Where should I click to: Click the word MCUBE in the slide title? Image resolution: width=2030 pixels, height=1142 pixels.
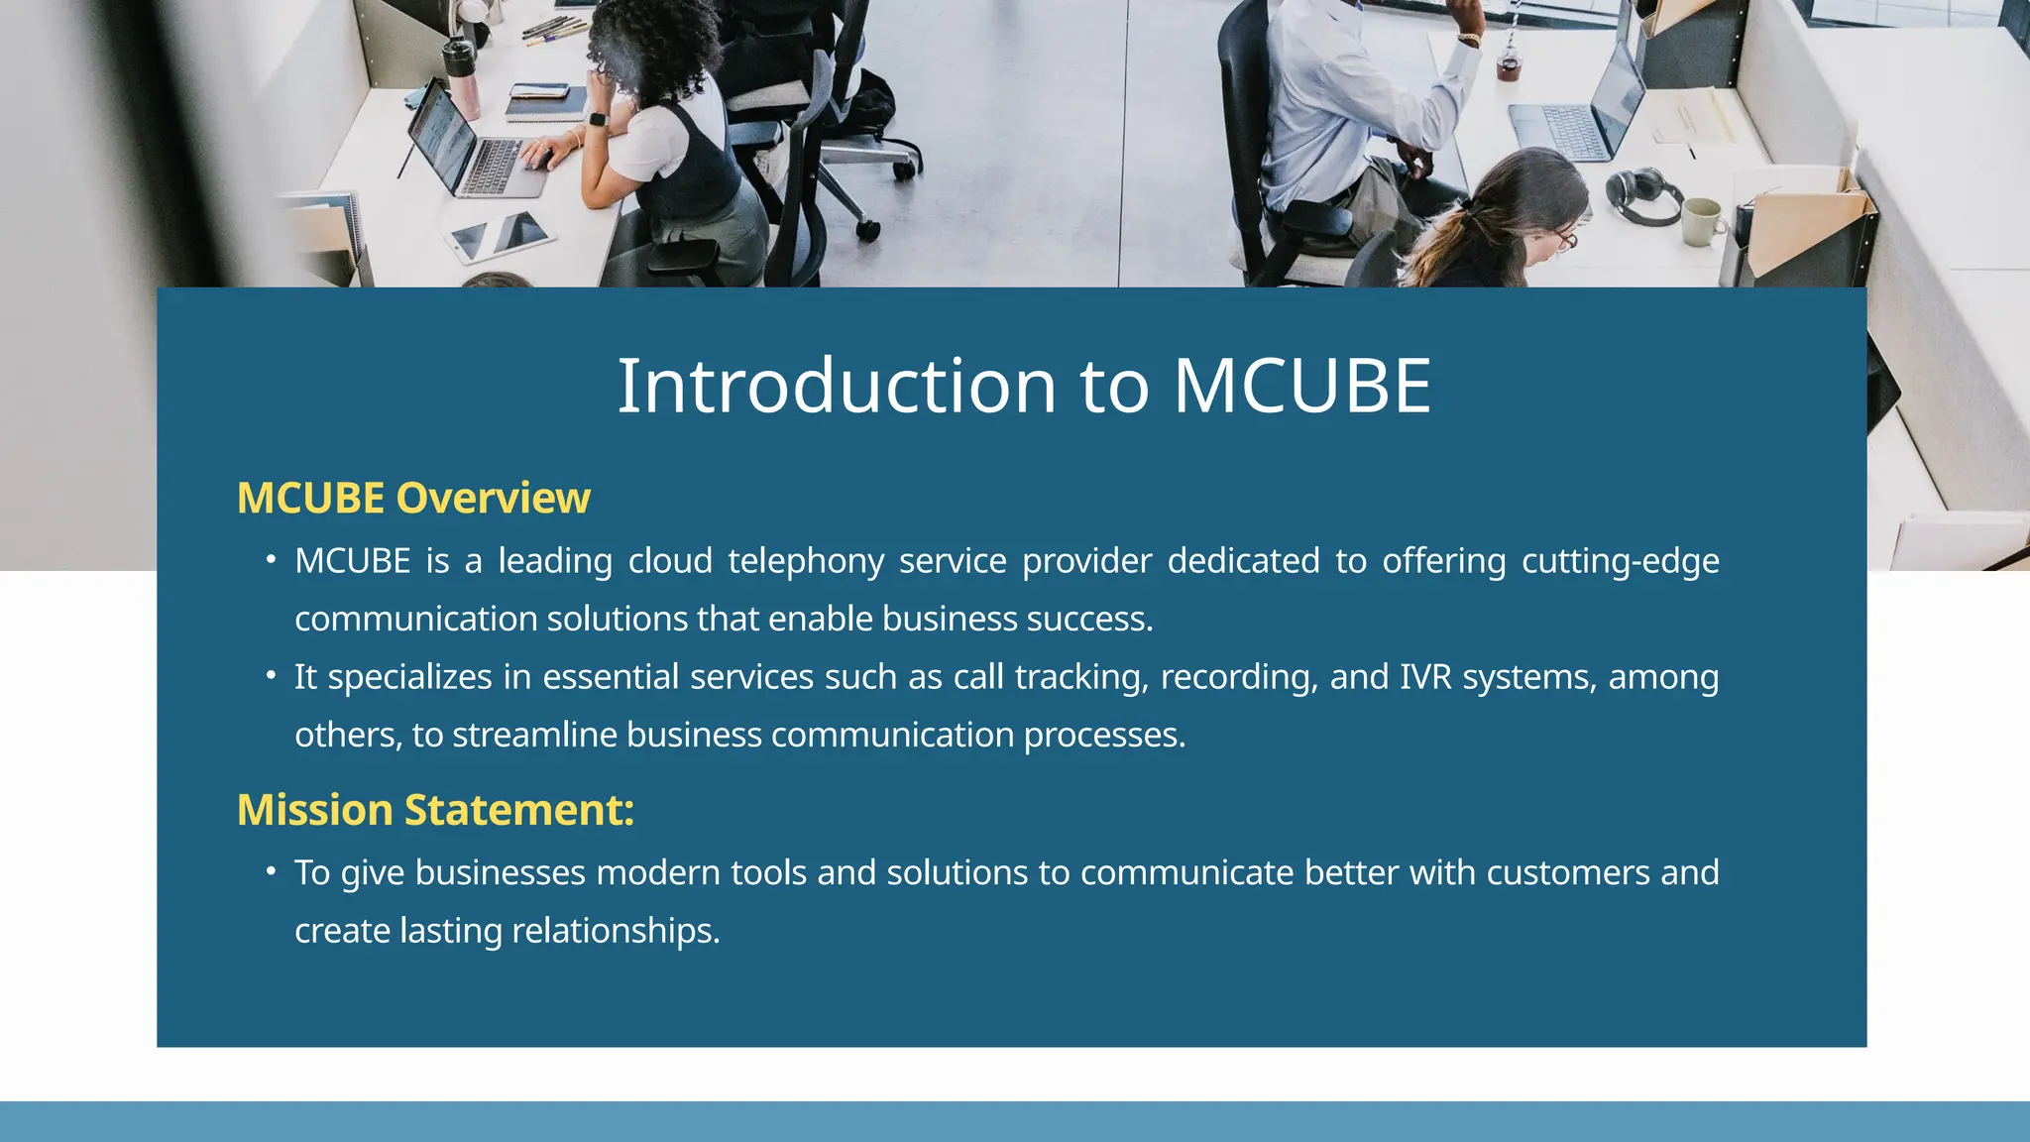pos(1301,386)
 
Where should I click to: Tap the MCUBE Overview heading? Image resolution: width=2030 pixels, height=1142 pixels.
pos(413,498)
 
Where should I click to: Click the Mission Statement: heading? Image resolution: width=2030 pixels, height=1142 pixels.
pos(435,810)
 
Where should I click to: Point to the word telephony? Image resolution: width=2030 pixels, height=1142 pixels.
pos(805,561)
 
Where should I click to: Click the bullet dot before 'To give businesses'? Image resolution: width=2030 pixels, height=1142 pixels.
pos(271,871)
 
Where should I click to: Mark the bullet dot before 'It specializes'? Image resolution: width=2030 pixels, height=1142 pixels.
pos(271,676)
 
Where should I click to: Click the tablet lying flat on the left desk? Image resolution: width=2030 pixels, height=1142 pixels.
pos(500,237)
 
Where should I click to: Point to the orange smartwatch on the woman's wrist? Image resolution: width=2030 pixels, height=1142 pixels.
pos(598,119)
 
